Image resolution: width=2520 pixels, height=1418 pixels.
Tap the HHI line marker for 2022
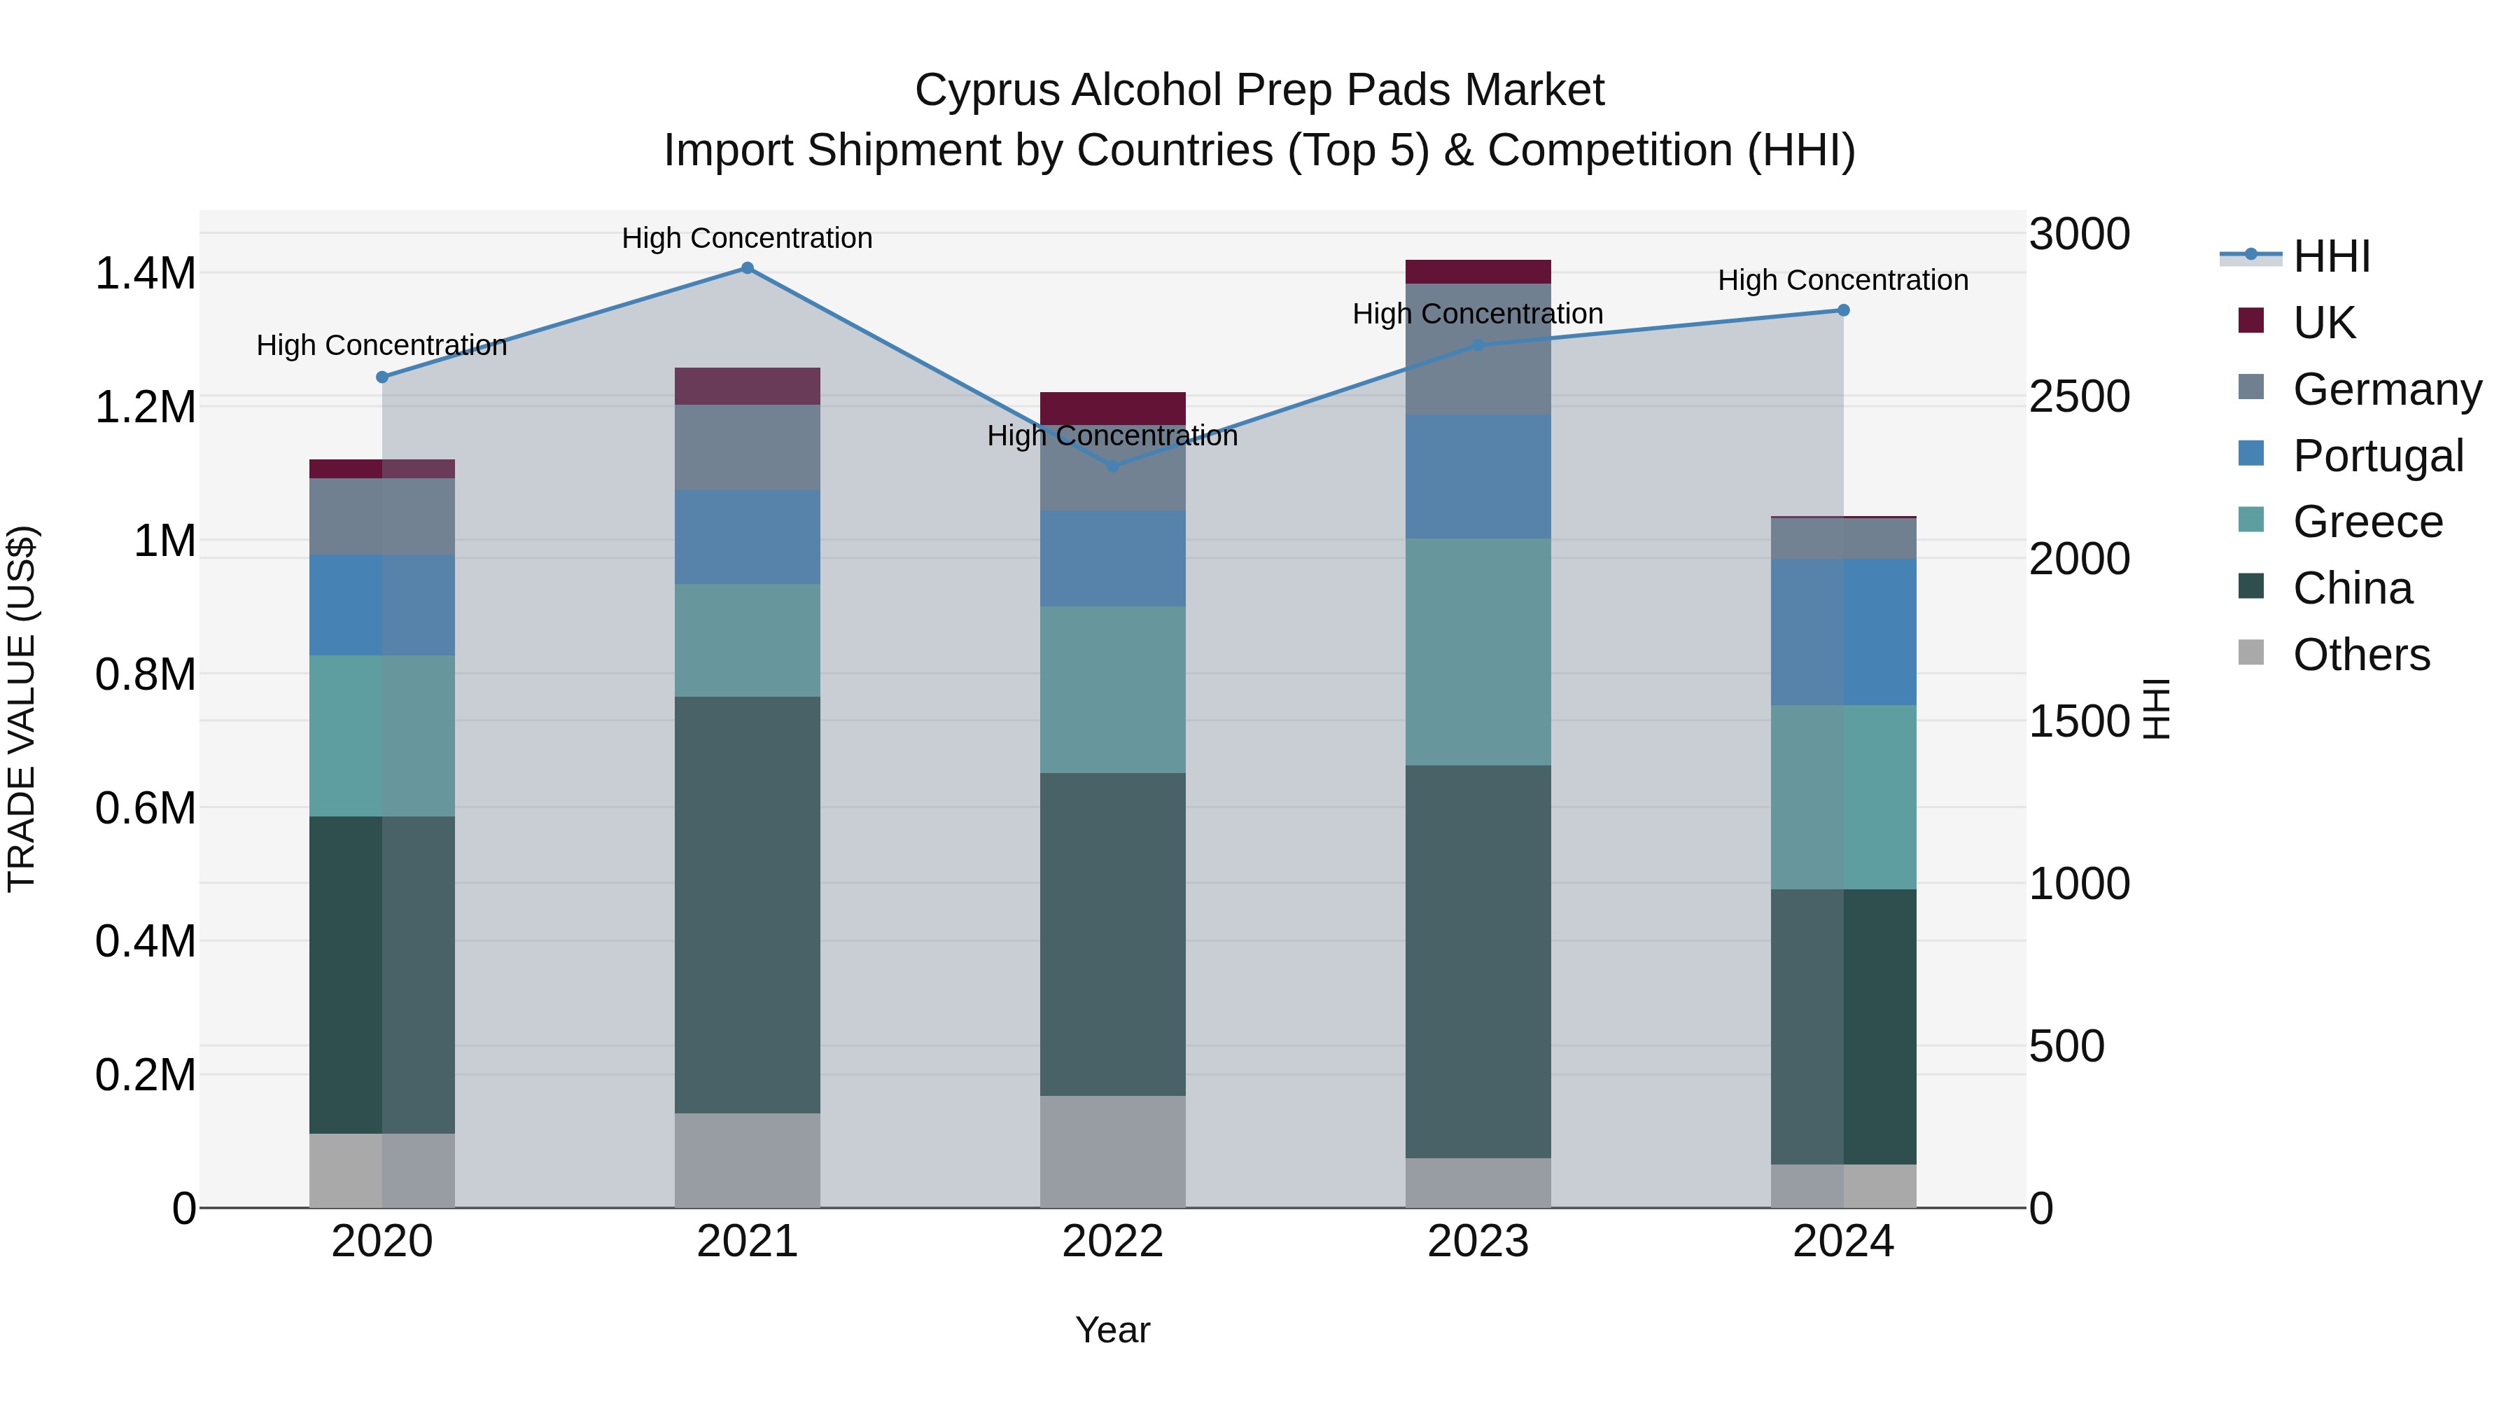click(1112, 466)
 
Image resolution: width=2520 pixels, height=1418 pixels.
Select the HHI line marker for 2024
click(1843, 310)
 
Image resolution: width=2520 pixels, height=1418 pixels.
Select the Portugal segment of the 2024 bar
click(1843, 632)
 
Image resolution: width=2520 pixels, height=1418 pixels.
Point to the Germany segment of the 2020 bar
click(381, 517)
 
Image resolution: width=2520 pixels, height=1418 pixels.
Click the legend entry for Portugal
click(2377, 456)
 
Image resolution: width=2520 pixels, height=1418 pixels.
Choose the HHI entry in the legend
click(2330, 256)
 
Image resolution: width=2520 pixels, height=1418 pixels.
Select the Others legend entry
click(2360, 655)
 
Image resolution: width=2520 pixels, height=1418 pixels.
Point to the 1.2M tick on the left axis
click(145, 407)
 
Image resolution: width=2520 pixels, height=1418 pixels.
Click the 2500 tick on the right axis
click(2079, 397)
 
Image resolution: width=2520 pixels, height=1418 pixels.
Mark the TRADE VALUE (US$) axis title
click(22, 709)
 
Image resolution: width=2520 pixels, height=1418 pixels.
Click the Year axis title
click(1112, 1330)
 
